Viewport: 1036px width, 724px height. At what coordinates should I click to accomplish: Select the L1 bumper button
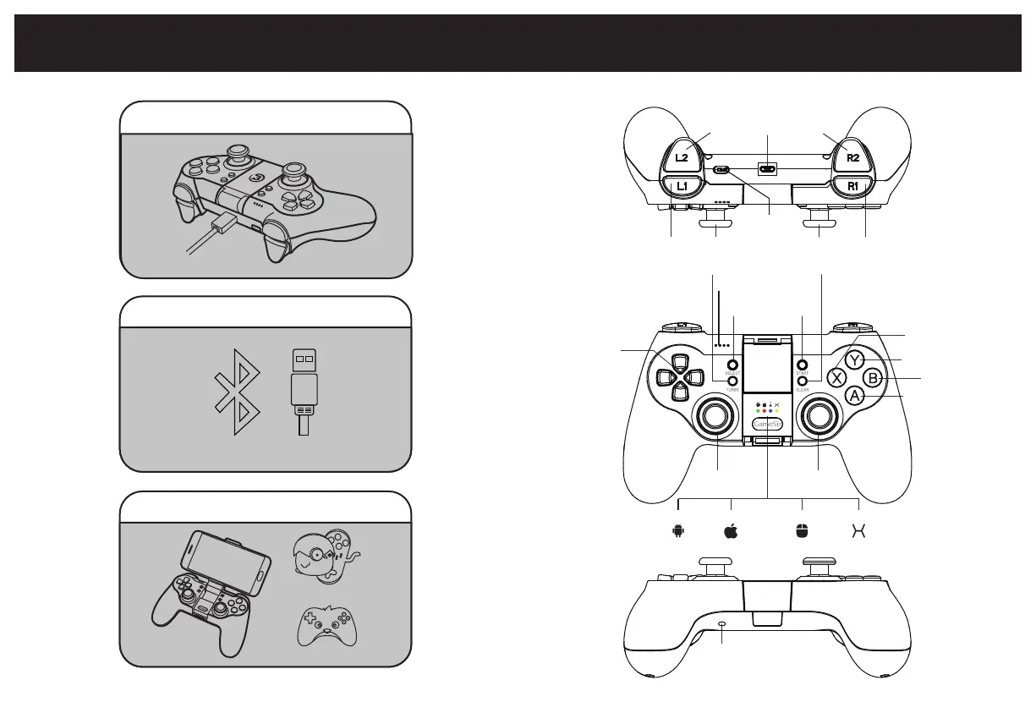point(681,185)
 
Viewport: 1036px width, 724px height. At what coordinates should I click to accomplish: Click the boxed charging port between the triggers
point(768,168)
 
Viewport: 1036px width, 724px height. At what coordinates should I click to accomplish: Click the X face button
point(836,378)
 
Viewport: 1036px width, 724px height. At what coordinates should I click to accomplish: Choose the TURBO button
point(732,381)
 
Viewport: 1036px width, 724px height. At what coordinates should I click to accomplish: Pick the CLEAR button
point(802,381)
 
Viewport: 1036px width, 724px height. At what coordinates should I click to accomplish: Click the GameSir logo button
point(768,422)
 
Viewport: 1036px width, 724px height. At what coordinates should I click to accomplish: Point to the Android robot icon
point(677,531)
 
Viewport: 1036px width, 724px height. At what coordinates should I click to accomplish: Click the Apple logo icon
point(731,531)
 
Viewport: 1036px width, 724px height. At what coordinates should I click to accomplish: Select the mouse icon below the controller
point(801,531)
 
